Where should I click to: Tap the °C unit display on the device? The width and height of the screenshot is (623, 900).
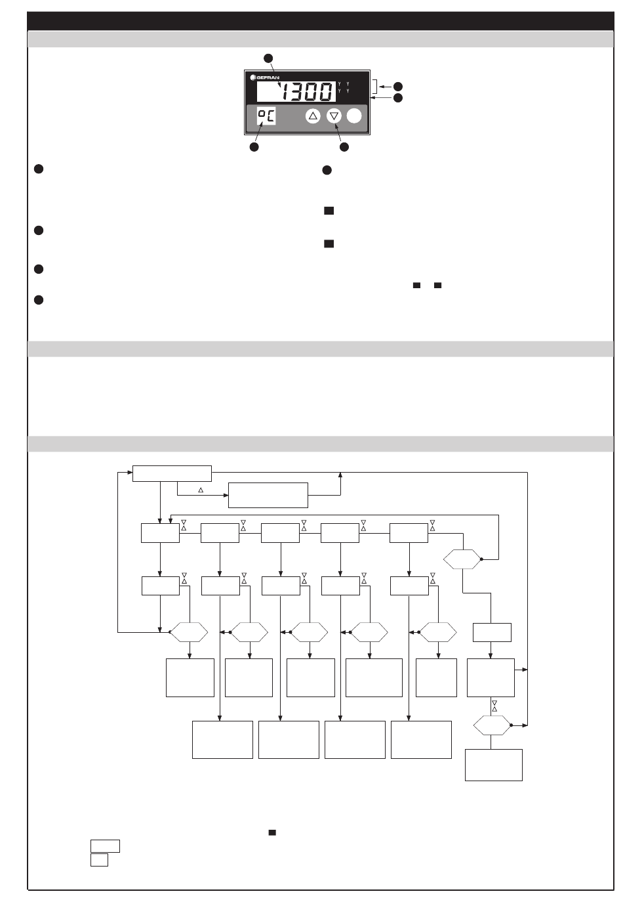tap(266, 117)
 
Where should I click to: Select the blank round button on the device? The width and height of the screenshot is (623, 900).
tap(354, 116)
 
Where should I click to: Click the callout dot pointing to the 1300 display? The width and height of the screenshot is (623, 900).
tap(268, 57)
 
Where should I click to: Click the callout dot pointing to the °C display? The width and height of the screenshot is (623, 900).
tap(254, 147)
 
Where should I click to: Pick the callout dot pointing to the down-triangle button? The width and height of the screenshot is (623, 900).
tap(343, 147)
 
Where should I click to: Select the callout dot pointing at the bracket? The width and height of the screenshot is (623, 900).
tap(397, 87)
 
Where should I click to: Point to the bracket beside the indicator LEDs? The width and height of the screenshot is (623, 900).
tap(375, 87)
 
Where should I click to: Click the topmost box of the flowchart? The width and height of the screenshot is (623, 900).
tap(172, 473)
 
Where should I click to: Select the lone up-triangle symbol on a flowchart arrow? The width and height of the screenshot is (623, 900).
tap(201, 490)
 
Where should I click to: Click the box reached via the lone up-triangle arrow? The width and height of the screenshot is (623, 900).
tap(268, 495)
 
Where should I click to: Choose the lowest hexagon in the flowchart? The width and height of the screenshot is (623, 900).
tap(492, 725)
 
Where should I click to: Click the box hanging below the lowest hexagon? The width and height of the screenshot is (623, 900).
tap(493, 765)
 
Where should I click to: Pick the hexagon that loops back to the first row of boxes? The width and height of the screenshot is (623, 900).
tap(462, 560)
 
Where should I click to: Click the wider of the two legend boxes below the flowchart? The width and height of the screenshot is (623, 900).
tap(105, 846)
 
